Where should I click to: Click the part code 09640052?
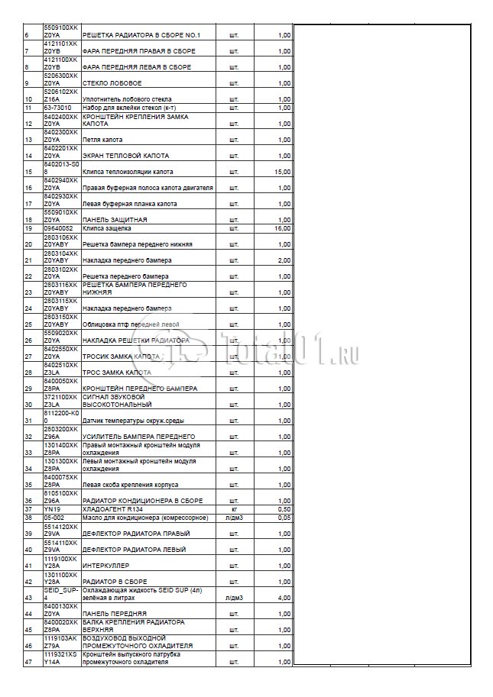[x=58, y=228]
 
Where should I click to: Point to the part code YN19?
[x=51, y=509]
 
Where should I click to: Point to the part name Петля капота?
[x=102, y=140]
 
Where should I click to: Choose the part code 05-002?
[x=54, y=518]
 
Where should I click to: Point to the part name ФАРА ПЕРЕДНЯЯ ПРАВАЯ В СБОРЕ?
[x=139, y=51]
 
